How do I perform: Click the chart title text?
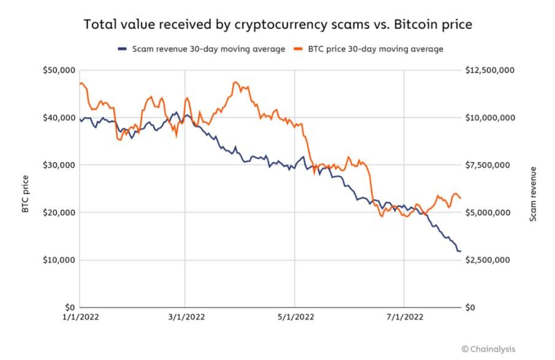(x=277, y=25)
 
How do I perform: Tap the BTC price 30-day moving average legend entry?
(x=372, y=49)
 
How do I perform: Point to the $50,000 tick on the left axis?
(x=59, y=70)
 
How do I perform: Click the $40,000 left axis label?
(x=59, y=118)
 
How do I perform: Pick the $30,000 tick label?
(x=59, y=165)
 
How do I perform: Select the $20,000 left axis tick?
(x=59, y=212)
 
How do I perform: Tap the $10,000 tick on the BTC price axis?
(x=59, y=260)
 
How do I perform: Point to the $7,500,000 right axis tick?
(x=490, y=165)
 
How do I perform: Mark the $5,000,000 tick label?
(x=490, y=212)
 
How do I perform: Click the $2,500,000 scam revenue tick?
(x=490, y=260)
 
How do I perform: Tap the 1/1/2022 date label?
(x=80, y=318)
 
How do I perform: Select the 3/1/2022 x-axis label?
(x=185, y=318)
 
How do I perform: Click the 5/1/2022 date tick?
(x=295, y=318)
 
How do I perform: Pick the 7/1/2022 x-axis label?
(x=404, y=318)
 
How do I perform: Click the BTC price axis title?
(x=25, y=194)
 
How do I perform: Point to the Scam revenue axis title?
(x=533, y=194)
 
